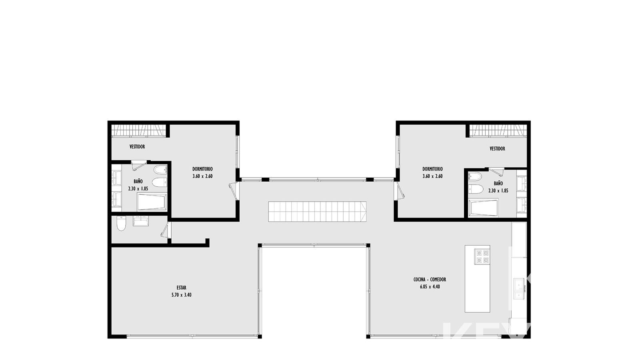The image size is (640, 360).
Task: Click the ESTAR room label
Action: tap(182, 288)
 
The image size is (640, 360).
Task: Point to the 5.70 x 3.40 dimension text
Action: tap(182, 295)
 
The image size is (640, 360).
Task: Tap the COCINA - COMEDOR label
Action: tap(430, 280)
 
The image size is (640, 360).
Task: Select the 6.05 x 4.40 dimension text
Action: tap(430, 286)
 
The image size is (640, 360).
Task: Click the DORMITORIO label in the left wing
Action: tap(202, 169)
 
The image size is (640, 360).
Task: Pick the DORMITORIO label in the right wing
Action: tap(432, 169)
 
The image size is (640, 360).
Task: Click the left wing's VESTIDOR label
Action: tap(137, 146)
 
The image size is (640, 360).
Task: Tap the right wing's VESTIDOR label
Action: tap(498, 148)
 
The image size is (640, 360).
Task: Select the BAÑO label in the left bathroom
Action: tap(138, 181)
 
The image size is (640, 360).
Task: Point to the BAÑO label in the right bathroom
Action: tap(498, 183)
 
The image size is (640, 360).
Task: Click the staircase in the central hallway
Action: tap(317, 212)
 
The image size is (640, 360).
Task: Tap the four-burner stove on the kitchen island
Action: tap(482, 256)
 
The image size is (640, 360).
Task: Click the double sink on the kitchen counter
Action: tap(518, 288)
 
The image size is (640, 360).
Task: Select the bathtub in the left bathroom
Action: tap(152, 202)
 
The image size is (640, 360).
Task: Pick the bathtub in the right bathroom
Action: tap(484, 208)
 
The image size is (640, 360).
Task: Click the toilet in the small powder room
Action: tap(121, 224)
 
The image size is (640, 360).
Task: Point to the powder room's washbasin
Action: tap(140, 221)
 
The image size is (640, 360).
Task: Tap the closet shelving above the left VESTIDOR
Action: tap(138, 130)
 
